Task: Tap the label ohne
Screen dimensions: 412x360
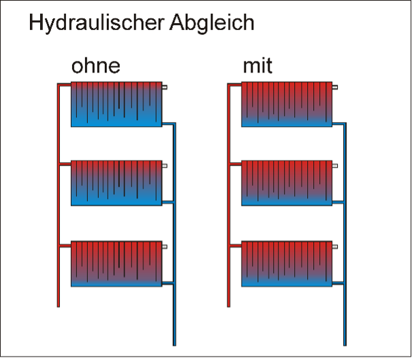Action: click(x=96, y=67)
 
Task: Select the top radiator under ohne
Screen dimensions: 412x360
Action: click(x=116, y=104)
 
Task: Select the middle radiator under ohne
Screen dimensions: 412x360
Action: click(x=116, y=183)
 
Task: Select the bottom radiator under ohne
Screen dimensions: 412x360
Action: click(x=116, y=262)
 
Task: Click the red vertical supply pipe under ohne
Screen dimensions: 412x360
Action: click(x=59, y=205)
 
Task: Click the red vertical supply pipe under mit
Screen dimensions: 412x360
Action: click(x=229, y=205)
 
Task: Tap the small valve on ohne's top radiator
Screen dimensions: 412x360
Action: click(x=165, y=87)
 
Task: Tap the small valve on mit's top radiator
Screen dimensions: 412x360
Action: click(x=336, y=87)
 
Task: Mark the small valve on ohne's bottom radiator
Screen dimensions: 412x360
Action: click(x=165, y=245)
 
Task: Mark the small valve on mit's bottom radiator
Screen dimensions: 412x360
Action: click(x=336, y=245)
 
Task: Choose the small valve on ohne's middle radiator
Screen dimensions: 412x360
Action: click(x=165, y=165)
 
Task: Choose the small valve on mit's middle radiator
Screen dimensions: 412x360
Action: click(x=336, y=165)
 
